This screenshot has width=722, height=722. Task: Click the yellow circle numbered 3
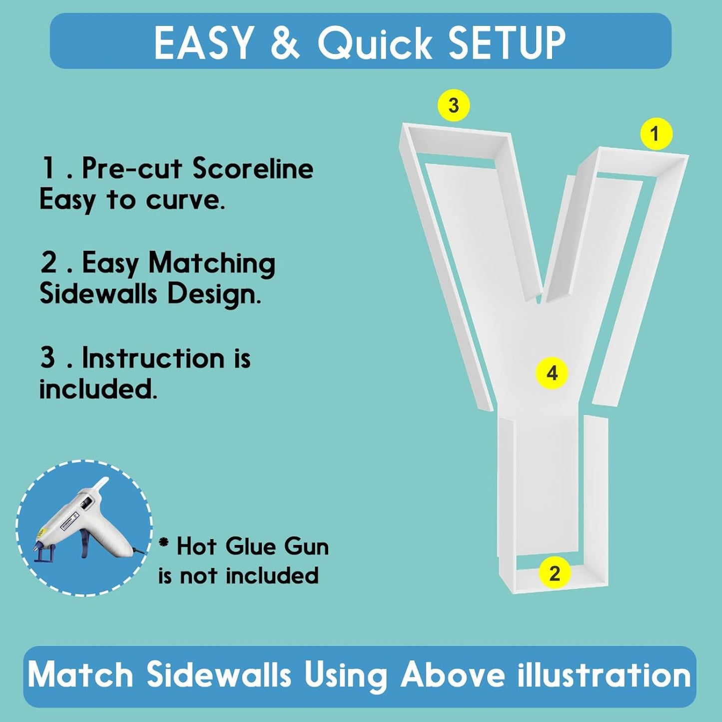click(453, 105)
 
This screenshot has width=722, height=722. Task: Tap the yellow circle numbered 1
click(656, 134)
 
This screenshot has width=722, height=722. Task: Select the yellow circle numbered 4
click(552, 374)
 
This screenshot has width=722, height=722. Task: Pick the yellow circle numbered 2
click(555, 574)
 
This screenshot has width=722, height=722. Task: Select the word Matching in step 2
click(212, 264)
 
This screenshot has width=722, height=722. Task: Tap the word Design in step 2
click(214, 296)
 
